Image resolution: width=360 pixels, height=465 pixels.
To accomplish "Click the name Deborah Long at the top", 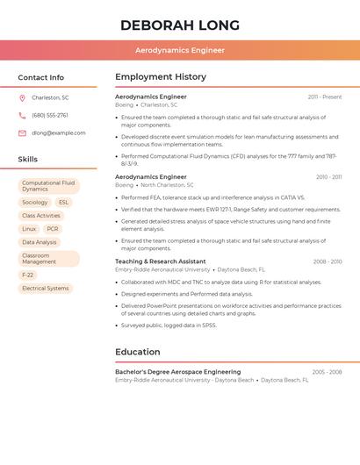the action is (180, 25).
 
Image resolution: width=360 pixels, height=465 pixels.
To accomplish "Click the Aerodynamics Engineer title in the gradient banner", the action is (180, 51).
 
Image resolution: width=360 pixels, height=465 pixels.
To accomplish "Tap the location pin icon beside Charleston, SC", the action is (22, 97).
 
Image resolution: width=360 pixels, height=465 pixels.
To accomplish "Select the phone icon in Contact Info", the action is (22, 115).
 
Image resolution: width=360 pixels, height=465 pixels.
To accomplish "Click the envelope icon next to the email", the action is (22, 133).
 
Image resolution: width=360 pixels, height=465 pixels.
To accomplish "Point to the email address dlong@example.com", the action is (59, 133).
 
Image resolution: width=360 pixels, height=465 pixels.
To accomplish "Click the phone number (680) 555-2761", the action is (50, 115).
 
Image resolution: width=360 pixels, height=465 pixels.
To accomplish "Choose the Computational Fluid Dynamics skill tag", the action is (48, 186).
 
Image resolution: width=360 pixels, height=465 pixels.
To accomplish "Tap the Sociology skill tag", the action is (35, 203).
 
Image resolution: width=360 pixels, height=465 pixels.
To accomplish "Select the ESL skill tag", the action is (64, 203).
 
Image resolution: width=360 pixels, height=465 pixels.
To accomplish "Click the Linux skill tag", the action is (29, 229).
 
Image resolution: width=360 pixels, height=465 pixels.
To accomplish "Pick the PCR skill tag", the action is (53, 229).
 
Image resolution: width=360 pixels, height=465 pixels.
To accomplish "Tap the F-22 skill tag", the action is (28, 275).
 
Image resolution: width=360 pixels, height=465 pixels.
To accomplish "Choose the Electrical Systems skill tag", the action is (45, 288).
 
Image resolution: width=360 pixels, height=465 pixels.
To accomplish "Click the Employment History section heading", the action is (161, 77).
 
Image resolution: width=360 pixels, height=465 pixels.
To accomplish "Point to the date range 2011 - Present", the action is (325, 97).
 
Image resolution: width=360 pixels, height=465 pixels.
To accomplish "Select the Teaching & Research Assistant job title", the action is (161, 261).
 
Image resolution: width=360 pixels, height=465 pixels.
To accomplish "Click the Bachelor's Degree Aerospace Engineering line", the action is (177, 372).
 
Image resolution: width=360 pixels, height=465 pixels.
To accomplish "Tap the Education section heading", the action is (138, 352).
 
